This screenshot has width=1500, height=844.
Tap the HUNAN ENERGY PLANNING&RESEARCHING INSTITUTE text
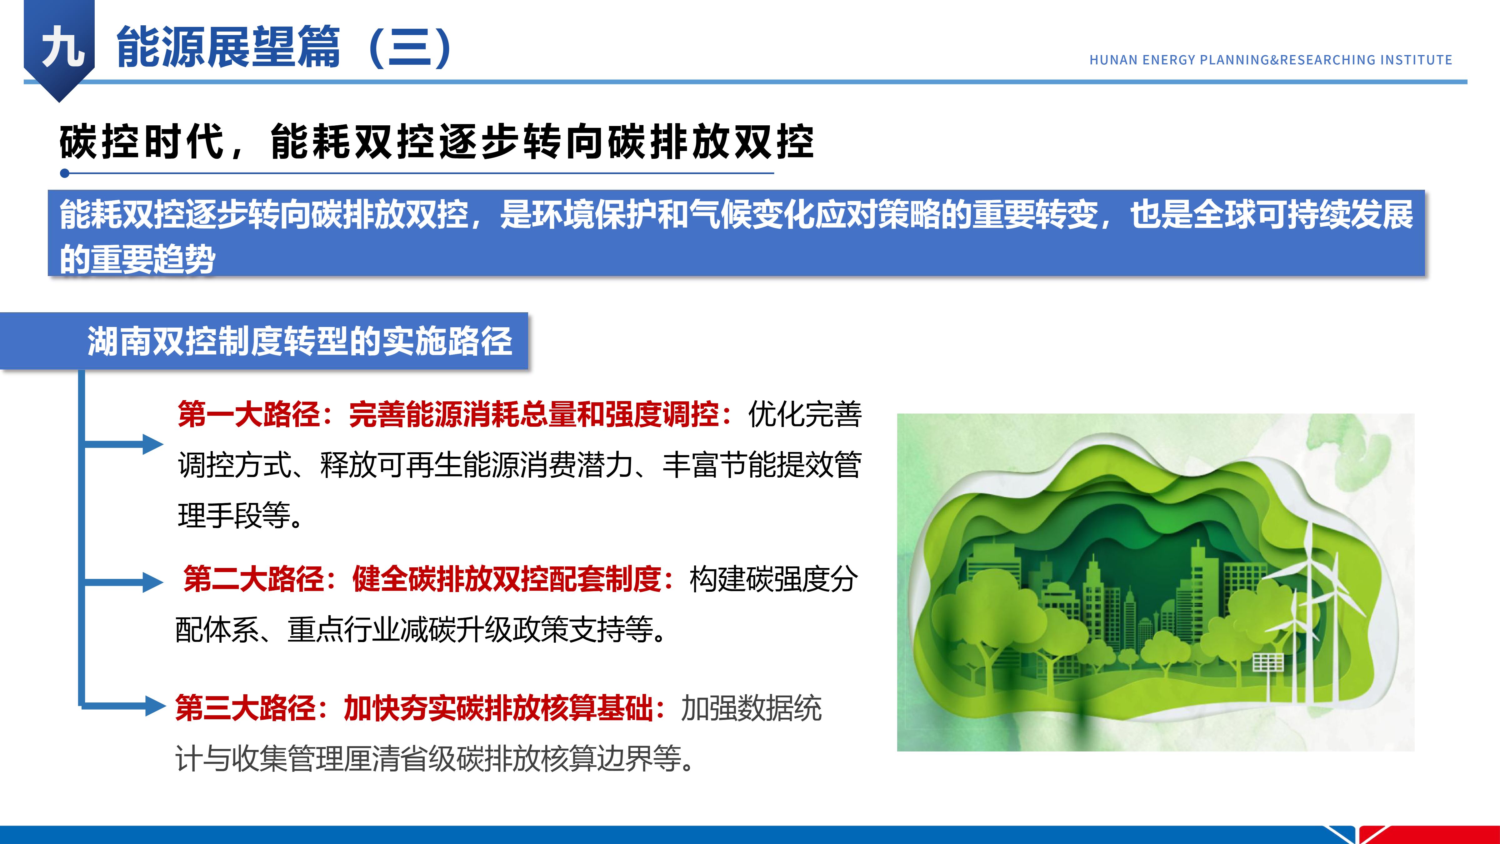pos(1271,60)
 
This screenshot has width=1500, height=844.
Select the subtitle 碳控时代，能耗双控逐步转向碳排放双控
pos(437,142)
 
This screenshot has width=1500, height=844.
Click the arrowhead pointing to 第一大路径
pos(153,445)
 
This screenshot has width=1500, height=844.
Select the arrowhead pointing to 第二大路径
pos(153,582)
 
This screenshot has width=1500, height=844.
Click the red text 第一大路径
pos(249,415)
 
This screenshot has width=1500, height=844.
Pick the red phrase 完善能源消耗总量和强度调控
pos(534,415)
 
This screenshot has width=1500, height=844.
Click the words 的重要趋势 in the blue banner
pos(137,259)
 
